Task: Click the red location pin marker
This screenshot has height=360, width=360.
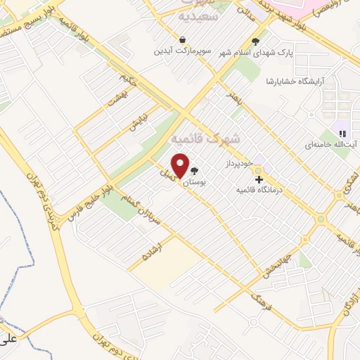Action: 181,165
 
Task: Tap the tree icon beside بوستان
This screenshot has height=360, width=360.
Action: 194,171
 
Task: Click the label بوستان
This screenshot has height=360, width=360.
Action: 194,182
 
